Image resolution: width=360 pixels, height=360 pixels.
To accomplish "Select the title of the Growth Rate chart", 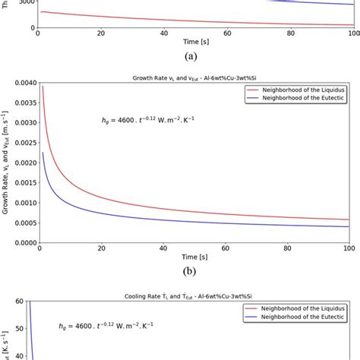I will click(193, 79).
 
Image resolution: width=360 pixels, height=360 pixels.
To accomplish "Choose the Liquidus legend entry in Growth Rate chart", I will click(301, 89).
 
